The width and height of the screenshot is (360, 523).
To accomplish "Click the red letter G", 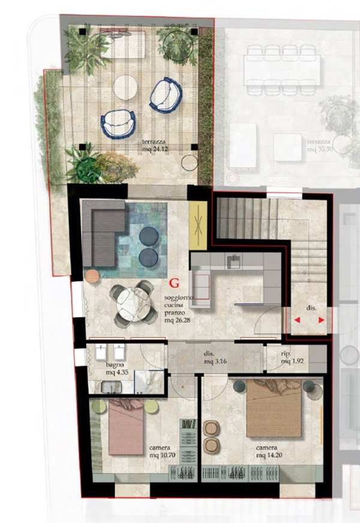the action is coord(175,283).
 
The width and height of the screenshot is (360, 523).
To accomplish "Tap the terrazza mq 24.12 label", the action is coord(155,146).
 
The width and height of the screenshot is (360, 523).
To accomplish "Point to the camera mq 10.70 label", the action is coord(163,452).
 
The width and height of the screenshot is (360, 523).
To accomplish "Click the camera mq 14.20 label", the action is coord(269,452).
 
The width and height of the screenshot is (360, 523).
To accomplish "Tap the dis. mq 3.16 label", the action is coord(215,357).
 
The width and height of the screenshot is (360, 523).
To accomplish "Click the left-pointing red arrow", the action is coord(296,320).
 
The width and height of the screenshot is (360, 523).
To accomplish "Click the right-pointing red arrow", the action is coord(322,320).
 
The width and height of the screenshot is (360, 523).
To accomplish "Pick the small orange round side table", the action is coord(92,276).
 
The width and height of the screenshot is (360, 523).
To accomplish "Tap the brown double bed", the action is coord(274,408).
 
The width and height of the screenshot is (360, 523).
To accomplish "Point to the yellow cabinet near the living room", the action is coord(198,225).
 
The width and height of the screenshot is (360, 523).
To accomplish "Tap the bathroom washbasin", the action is coord(112,387).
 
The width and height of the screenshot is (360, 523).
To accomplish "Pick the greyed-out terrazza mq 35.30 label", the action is coord(320,145).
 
